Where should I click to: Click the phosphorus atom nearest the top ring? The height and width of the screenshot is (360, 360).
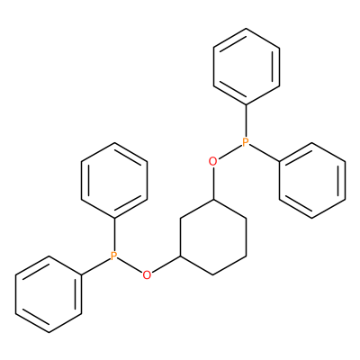246,142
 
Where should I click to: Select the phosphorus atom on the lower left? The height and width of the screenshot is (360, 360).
113,256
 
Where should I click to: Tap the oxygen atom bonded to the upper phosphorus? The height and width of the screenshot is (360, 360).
212,162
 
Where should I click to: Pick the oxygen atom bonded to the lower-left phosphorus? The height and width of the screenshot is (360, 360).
147,275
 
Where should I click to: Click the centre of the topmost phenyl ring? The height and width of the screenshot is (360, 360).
247,67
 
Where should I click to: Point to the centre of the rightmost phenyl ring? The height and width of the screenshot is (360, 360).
312,180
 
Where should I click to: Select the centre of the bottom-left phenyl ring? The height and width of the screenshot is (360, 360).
49,294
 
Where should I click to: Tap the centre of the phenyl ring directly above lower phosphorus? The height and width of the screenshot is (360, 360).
114,180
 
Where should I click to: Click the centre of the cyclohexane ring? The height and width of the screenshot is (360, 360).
213,237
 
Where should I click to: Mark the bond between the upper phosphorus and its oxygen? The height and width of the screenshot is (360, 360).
229,152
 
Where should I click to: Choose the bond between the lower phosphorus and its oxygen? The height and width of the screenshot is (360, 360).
130,265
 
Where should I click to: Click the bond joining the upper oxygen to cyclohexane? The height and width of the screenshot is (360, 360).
213,183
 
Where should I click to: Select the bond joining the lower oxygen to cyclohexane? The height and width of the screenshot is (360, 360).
166,265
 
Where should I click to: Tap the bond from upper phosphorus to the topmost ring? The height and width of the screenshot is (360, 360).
246,121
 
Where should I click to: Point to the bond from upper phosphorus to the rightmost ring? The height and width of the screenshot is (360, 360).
265,153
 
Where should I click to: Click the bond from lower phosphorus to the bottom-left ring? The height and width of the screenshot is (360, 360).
96,266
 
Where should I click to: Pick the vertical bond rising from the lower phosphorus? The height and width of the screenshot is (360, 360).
114,235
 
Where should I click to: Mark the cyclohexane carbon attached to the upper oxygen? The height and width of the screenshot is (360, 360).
213,199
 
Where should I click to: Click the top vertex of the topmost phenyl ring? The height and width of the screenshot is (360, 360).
246,29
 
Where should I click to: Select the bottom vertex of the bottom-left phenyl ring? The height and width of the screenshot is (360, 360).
49,332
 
